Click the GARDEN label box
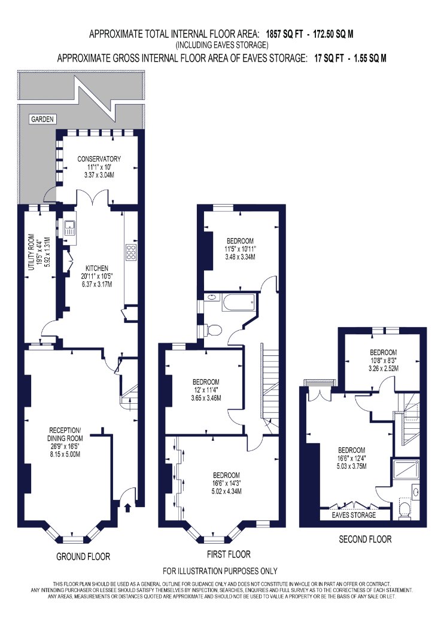point(42,119)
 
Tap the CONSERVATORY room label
point(99,158)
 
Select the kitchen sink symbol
point(70,227)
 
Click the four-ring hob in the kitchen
point(131,252)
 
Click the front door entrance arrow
point(128,507)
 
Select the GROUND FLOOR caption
point(83,556)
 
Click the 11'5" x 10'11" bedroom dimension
point(240,249)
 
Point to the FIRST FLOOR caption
point(229,554)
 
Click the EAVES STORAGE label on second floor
point(354,514)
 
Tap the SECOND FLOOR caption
point(365,539)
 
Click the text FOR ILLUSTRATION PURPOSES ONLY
point(220,571)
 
